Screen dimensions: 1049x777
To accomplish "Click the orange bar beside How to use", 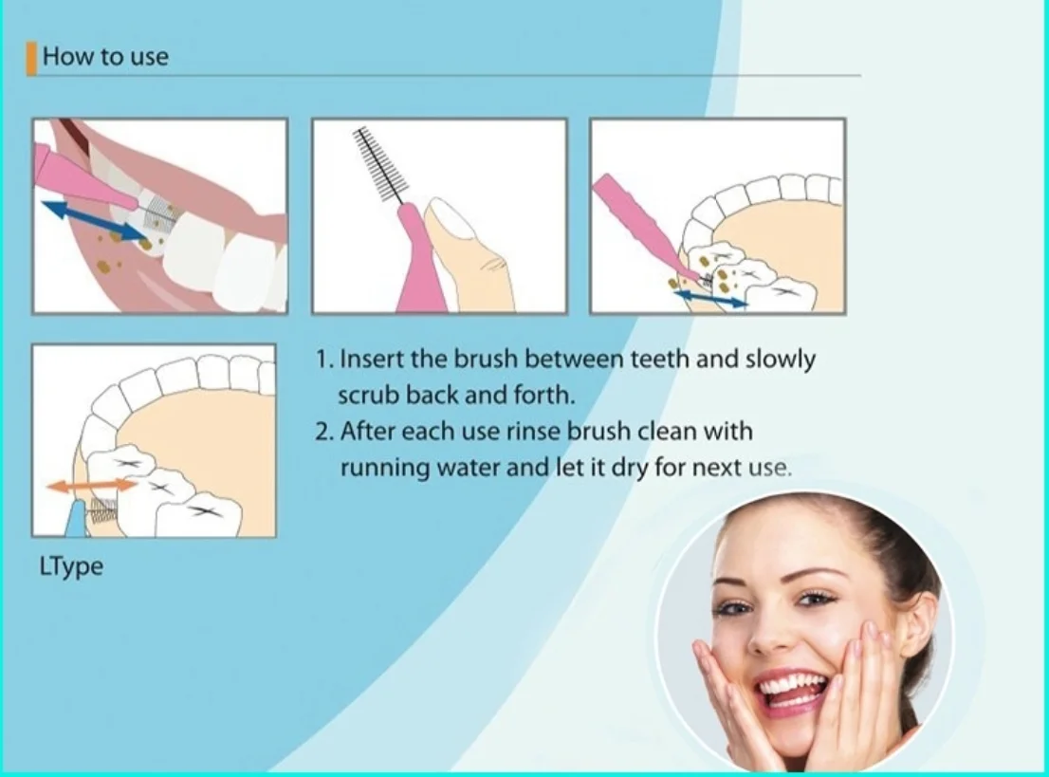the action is pyautogui.click(x=31, y=59).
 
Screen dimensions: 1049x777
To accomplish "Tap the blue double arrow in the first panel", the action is pyautogui.click(x=94, y=219).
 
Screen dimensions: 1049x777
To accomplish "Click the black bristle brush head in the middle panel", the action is pyautogui.click(x=382, y=165).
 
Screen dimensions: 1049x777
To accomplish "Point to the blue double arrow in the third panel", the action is pyautogui.click(x=710, y=298).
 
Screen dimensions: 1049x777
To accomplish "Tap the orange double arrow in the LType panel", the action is pyautogui.click(x=92, y=486).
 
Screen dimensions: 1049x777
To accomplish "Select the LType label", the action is pyautogui.click(x=71, y=566).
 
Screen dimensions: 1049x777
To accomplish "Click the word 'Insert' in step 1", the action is pyautogui.click(x=371, y=360).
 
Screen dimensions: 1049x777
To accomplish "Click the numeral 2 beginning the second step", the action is pyautogui.click(x=323, y=432).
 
